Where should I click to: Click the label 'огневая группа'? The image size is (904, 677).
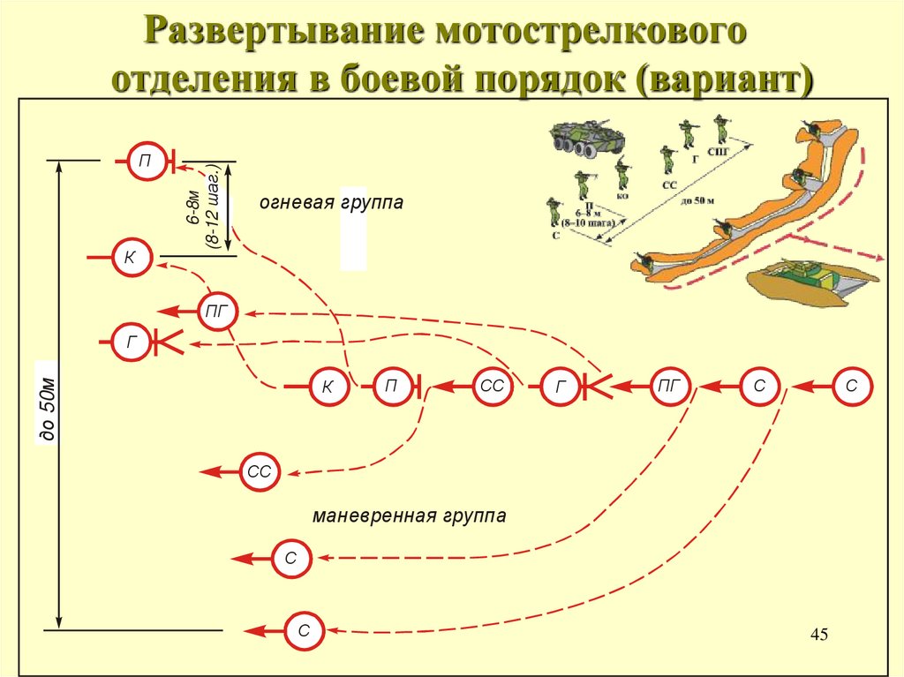click(x=331, y=203)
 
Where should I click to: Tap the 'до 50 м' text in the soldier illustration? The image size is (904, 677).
click(x=697, y=201)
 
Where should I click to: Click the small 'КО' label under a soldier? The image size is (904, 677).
click(x=622, y=195)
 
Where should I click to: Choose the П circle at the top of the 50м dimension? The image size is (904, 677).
click(x=144, y=161)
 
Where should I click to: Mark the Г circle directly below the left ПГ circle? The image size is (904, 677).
click(x=132, y=342)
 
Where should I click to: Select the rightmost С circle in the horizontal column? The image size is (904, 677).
click(x=851, y=386)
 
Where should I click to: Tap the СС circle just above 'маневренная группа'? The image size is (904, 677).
click(x=260, y=473)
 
